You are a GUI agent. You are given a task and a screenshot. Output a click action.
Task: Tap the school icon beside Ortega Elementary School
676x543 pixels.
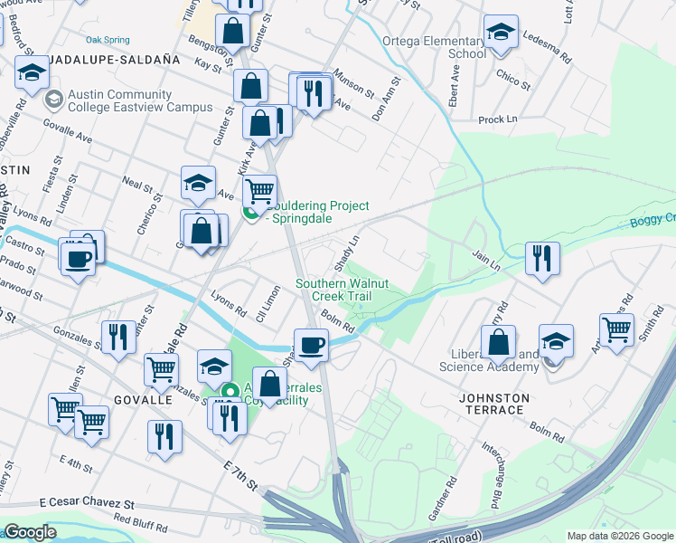coord(501,34)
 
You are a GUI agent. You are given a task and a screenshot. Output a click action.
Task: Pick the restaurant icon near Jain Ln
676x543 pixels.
coord(542,257)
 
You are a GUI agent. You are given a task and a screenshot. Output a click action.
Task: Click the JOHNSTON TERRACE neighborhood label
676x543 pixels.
coord(492,404)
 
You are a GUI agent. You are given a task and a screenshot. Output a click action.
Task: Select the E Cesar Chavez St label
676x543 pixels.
coord(87,503)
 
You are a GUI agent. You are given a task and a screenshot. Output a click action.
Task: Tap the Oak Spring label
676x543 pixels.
coord(108,40)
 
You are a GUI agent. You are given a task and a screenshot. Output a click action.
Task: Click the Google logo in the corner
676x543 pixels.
coord(30,532)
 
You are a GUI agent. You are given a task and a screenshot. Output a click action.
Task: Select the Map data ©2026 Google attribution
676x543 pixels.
coord(618,536)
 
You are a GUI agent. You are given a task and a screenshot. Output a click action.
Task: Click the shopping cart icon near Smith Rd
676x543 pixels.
coord(616,331)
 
